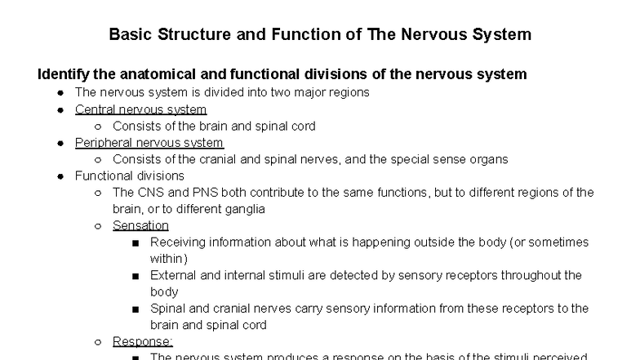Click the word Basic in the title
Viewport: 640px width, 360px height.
pyautogui.click(x=128, y=35)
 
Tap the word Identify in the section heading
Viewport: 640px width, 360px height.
pyautogui.click(x=65, y=74)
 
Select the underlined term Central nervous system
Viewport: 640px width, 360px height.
pyautogui.click(x=140, y=109)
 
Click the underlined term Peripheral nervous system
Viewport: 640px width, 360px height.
pyautogui.click(x=149, y=143)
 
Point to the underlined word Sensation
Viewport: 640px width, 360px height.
pyautogui.click(x=140, y=225)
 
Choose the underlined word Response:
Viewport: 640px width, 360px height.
pyautogui.click(x=143, y=341)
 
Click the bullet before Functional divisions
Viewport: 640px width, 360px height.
pyautogui.click(x=61, y=176)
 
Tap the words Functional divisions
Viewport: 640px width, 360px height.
pyautogui.click(x=130, y=176)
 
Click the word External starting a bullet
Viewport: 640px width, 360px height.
pyautogui.click(x=174, y=275)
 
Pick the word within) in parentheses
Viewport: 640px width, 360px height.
pyautogui.click(x=168, y=258)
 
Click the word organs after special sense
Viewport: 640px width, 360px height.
pyautogui.click(x=487, y=159)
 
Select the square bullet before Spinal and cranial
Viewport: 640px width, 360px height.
pyautogui.click(x=135, y=309)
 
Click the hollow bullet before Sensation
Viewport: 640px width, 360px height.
pyautogui.click(x=98, y=226)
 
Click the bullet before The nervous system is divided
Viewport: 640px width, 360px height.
pyautogui.click(x=61, y=93)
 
